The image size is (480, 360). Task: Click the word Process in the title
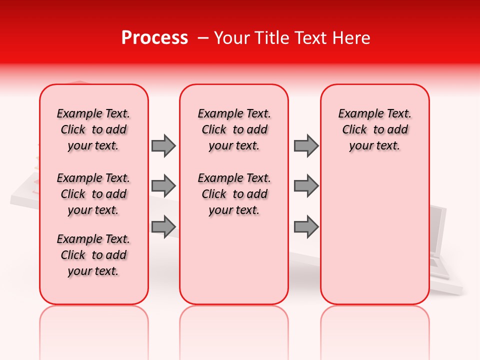(154, 38)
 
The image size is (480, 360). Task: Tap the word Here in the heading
(352, 38)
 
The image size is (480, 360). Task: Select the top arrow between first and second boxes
(163, 145)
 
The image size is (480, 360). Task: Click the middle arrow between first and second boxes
(163, 186)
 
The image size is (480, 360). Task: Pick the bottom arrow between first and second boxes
(163, 226)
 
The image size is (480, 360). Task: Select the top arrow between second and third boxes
(306, 145)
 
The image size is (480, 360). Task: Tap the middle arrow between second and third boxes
(306, 186)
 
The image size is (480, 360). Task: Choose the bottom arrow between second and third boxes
(306, 226)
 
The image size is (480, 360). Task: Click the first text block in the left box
(93, 129)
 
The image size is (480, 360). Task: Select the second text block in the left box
(93, 194)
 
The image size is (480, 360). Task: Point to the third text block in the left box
(93, 255)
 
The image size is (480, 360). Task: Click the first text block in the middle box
(234, 129)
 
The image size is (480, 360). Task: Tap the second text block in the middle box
(234, 194)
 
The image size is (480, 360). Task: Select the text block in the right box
(375, 129)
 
